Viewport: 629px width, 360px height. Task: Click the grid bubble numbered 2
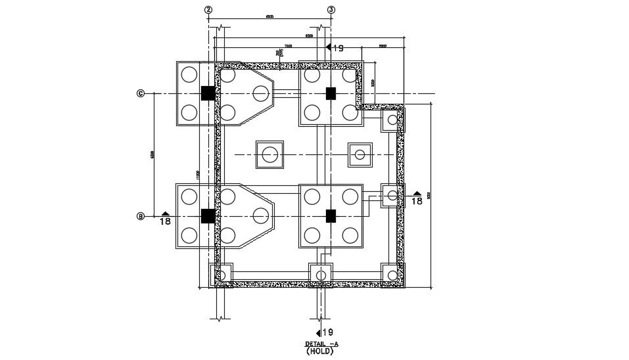208,10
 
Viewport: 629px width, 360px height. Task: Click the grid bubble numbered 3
331,10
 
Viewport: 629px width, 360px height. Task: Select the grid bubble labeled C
140,93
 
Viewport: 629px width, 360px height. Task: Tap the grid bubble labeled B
140,216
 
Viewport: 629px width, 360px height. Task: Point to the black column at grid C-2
208,93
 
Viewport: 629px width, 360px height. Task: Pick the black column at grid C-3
331,93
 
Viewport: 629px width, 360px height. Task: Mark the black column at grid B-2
208,216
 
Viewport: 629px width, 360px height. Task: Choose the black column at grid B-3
331,215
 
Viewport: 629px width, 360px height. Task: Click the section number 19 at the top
338,48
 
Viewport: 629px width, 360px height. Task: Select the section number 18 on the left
166,222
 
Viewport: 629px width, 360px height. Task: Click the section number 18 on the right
417,202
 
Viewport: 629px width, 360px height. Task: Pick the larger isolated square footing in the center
269,155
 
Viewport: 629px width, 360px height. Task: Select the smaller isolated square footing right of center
360,155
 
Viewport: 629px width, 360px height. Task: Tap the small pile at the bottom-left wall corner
221,274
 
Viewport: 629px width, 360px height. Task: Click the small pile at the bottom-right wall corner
392,274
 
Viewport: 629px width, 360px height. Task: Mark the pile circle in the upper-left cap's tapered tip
260,94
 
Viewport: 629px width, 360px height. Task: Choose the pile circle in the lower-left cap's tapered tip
260,215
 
